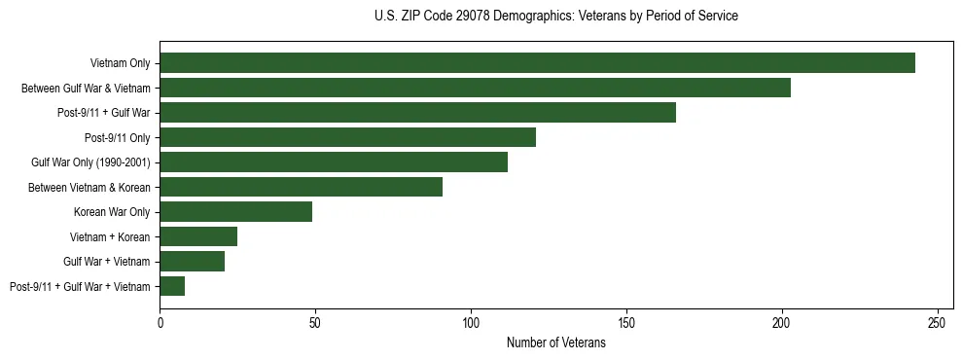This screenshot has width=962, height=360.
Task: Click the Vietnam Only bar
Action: (x=537, y=63)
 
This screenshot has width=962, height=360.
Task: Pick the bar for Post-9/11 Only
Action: (x=347, y=137)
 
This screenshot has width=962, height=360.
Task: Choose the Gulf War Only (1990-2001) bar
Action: (x=334, y=162)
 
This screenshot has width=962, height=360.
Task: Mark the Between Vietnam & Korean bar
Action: (x=301, y=187)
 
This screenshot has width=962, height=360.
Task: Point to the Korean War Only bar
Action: (x=235, y=211)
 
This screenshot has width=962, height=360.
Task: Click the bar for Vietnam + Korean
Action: (x=198, y=236)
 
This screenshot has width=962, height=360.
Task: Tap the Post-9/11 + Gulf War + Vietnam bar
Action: (x=172, y=286)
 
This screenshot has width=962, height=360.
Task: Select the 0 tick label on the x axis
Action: (x=160, y=322)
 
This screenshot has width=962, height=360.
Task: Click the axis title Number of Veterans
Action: (x=556, y=342)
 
